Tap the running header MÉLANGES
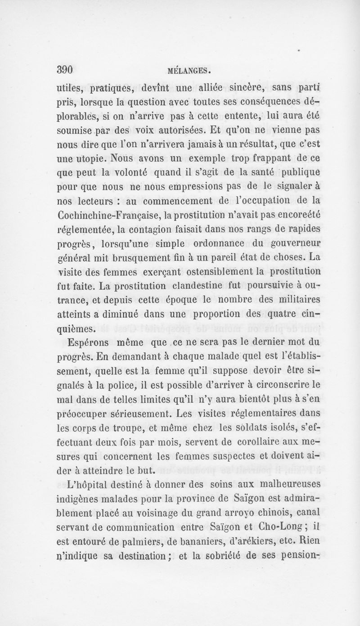[189, 71]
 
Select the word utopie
[80, 160]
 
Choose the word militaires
[279, 300]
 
